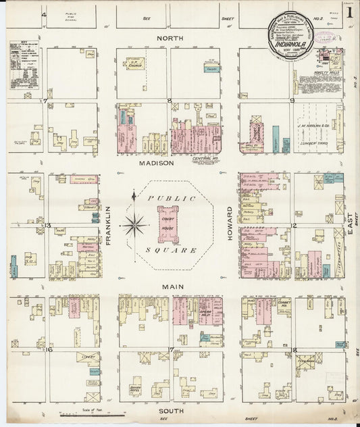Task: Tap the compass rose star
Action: [x=135, y=224]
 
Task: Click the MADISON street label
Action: [x=157, y=163]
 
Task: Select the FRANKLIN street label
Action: [x=108, y=225]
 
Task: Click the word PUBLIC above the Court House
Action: [x=163, y=199]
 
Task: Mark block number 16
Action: [x=49, y=349]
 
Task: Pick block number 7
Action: [x=45, y=101]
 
